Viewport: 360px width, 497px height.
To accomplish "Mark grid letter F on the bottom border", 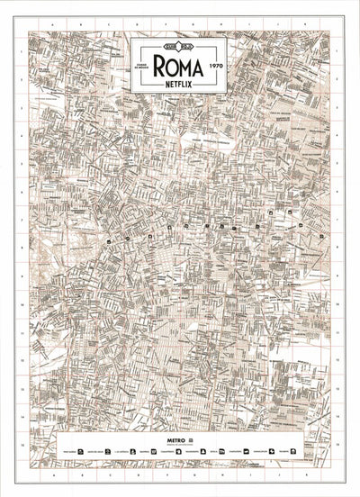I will tap(180, 476).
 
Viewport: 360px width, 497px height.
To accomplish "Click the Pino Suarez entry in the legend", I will tap(65, 451).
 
